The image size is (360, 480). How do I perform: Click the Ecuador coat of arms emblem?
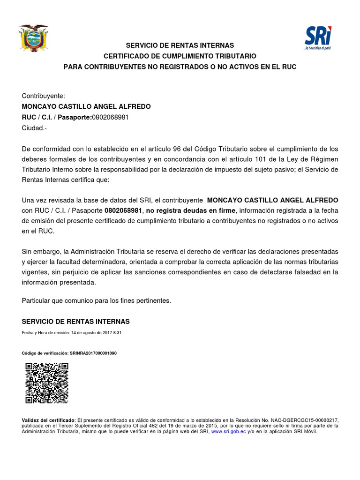coord(33,38)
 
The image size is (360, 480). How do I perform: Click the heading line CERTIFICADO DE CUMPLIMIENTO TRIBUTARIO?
coord(180,56)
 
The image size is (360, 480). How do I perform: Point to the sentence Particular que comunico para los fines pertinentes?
coord(97,300)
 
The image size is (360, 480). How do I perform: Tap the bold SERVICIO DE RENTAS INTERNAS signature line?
coord(76,322)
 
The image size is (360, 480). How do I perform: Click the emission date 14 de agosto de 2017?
coord(90,332)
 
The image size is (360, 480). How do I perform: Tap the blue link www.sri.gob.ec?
coord(228,431)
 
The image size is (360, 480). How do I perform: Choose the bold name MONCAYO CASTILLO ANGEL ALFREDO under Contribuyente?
coord(87,106)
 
